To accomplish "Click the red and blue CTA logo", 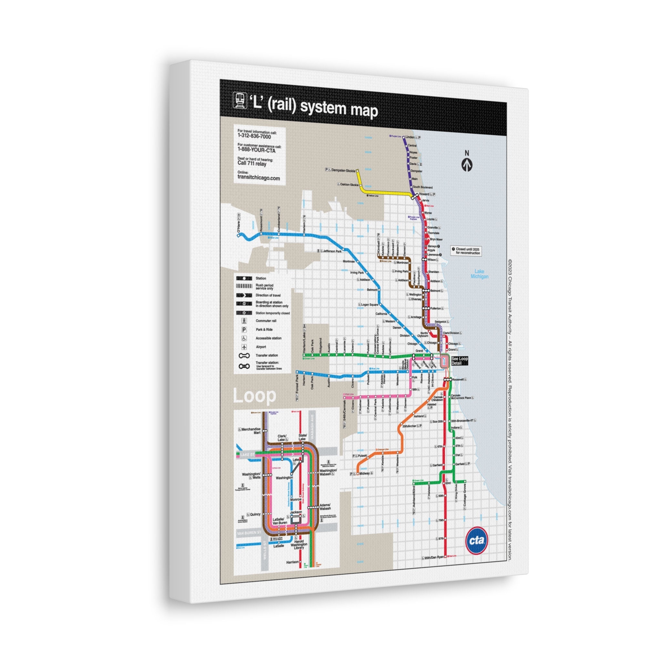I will (x=477, y=540).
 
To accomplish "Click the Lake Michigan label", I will (x=479, y=274).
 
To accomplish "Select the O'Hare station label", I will (x=239, y=228).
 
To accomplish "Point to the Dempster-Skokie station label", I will (x=343, y=170).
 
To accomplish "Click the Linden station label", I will (x=410, y=137).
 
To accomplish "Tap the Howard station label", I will (x=424, y=194).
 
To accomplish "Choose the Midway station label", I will (x=364, y=473).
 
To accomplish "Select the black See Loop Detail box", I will (x=459, y=361).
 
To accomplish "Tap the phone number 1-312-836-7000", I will (x=254, y=137).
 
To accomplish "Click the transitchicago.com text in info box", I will (x=259, y=178).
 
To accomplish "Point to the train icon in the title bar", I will (x=240, y=100).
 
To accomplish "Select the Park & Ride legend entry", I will (x=264, y=330).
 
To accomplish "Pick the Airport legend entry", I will (x=261, y=347).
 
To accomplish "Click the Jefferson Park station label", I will (x=332, y=251).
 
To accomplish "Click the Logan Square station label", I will (x=370, y=304).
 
